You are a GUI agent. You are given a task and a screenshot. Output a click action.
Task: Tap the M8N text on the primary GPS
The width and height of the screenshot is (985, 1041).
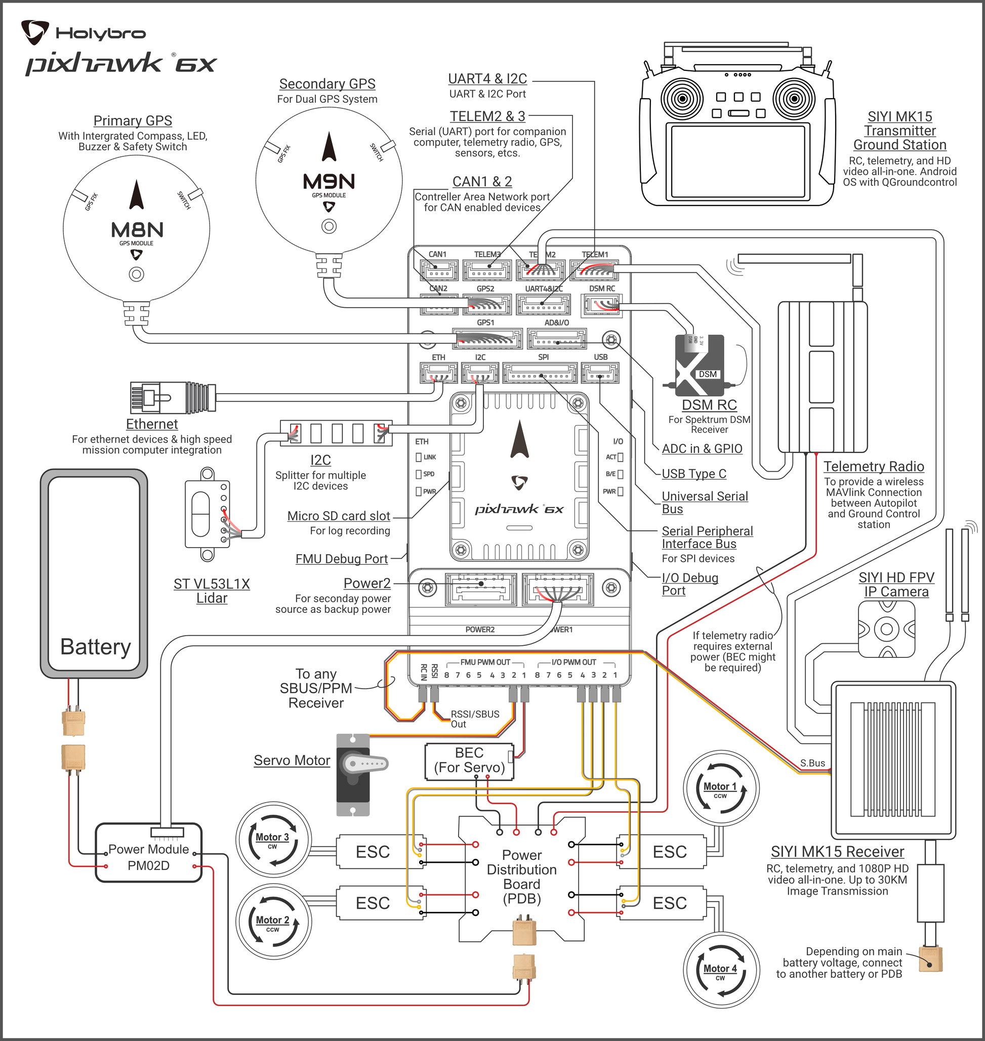[x=137, y=230]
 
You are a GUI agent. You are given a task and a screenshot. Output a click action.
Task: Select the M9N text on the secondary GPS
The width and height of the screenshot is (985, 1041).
[x=329, y=182]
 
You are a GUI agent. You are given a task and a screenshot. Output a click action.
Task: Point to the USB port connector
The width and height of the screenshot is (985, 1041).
[x=600, y=373]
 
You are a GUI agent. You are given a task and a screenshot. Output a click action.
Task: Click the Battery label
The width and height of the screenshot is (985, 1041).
[x=96, y=647]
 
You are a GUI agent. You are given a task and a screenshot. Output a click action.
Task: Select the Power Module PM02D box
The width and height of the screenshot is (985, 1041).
[x=149, y=853]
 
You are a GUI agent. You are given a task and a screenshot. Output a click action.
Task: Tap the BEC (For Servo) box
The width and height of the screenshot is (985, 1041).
[x=469, y=761]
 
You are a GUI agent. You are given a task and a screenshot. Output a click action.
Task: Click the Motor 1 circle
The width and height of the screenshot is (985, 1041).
[x=721, y=788]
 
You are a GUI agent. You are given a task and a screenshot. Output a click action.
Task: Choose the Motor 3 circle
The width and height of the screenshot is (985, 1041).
[x=273, y=840]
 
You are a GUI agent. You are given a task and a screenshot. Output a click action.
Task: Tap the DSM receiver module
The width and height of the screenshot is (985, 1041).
[x=700, y=365]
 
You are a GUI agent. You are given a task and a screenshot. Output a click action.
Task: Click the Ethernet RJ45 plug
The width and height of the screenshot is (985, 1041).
[x=173, y=397]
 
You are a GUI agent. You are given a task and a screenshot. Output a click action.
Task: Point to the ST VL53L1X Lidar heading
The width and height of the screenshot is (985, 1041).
[x=212, y=591]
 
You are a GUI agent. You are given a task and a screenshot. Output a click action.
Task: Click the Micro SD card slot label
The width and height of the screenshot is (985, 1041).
[x=339, y=516]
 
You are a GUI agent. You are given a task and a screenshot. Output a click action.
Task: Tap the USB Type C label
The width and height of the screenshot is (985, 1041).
[x=694, y=474]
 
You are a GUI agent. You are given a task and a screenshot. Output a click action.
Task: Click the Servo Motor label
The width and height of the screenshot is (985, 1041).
[x=292, y=760]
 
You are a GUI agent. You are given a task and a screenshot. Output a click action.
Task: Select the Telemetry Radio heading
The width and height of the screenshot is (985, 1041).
[x=874, y=466]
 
